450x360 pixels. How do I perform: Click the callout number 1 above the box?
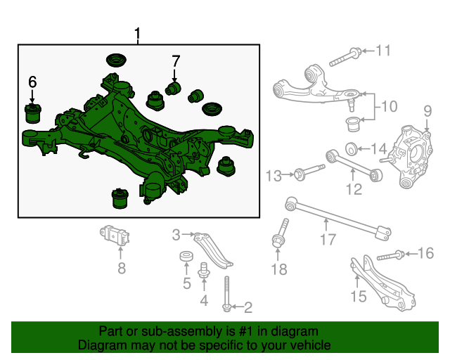[138, 33]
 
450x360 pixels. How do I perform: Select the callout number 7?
[176, 61]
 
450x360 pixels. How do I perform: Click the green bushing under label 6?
[32, 112]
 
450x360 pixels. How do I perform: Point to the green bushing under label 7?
[174, 88]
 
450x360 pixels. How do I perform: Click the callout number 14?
[379, 148]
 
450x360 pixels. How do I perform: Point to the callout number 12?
[353, 188]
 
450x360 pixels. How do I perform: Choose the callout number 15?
[358, 296]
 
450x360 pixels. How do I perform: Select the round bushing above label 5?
[186, 256]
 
